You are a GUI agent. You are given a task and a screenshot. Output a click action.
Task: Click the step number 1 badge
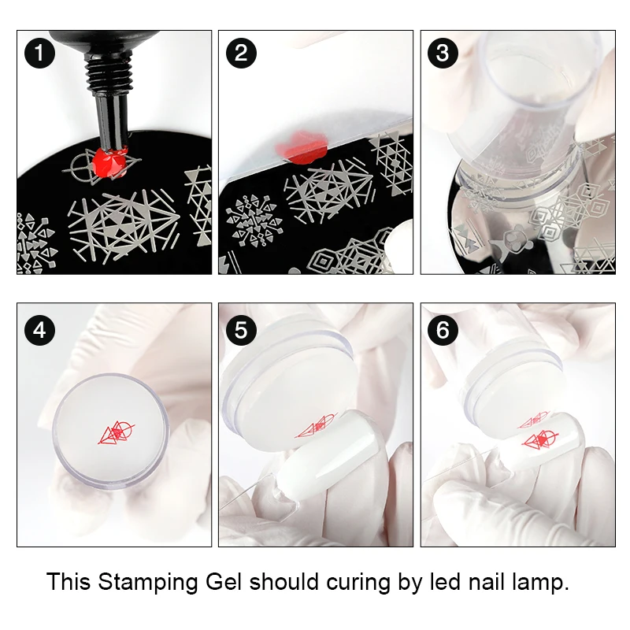click(x=40, y=53)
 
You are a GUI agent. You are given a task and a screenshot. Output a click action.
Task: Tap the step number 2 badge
click(x=241, y=53)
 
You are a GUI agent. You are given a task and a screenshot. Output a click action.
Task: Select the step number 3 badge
click(x=443, y=53)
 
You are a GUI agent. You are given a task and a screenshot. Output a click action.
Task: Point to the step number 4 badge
click(x=40, y=330)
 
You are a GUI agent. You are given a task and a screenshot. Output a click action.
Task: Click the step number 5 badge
click(x=241, y=330)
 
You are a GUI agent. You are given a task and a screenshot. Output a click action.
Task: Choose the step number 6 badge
click(x=443, y=330)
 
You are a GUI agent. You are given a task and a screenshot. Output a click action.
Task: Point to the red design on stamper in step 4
click(x=116, y=432)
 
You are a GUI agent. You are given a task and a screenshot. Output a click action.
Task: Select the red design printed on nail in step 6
click(x=541, y=439)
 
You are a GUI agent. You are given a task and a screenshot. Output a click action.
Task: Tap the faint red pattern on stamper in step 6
click(x=534, y=421)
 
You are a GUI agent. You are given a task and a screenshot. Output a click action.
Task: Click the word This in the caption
click(x=69, y=581)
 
